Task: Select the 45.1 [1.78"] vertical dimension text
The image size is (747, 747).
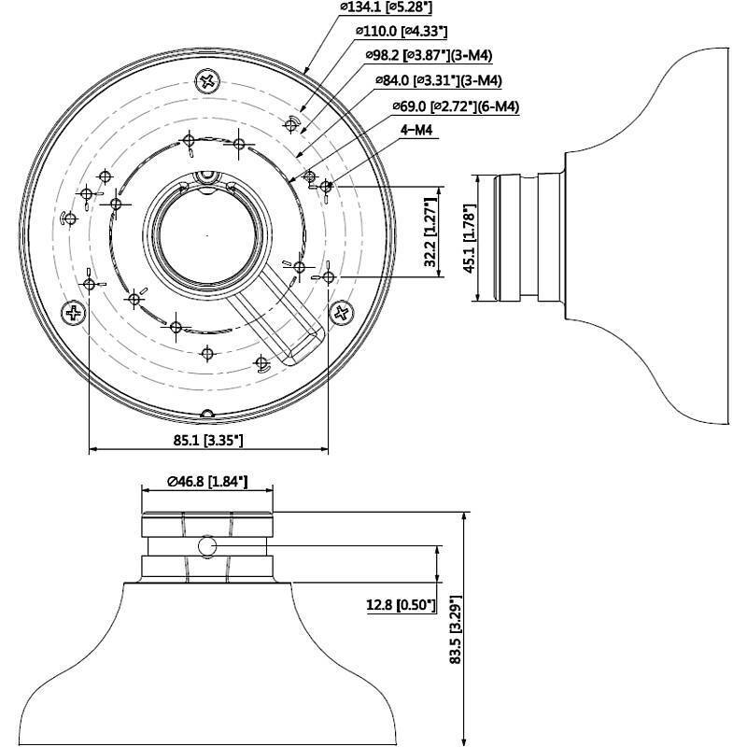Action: pyautogui.click(x=469, y=237)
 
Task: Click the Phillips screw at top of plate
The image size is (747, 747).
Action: pyautogui.click(x=206, y=81)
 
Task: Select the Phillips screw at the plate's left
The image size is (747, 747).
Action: pyautogui.click(x=73, y=313)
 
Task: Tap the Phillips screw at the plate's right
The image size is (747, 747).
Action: pyautogui.click(x=342, y=313)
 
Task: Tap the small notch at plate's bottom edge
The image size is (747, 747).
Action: pyautogui.click(x=206, y=412)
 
